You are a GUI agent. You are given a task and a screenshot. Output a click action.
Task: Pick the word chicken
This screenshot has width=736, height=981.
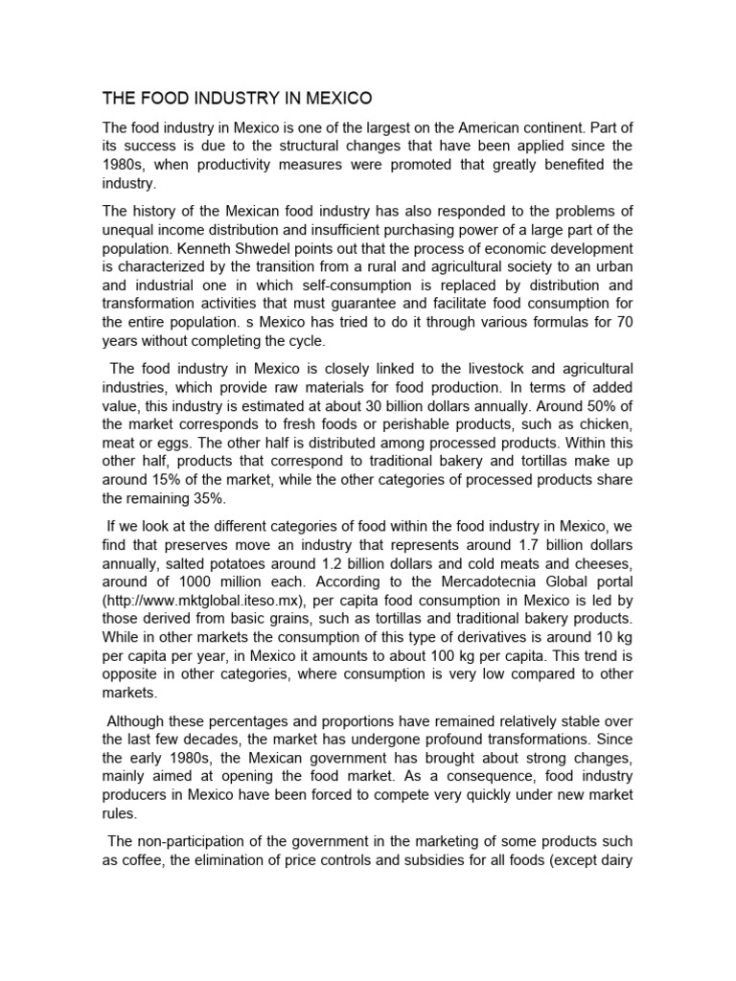606,422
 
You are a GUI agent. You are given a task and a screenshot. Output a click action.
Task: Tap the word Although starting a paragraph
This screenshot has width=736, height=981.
143,719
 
